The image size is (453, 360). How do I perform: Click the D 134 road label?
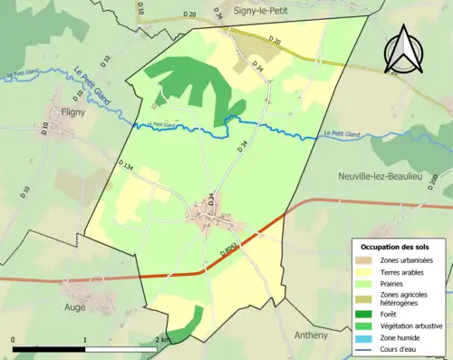pyautogui.click(x=125, y=164)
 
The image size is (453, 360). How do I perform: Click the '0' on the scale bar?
pyautogui.click(x=13, y=339)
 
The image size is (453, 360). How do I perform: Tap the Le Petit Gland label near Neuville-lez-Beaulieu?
pyautogui.click(x=341, y=135)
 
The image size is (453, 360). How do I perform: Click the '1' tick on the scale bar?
pyautogui.click(x=85, y=339)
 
